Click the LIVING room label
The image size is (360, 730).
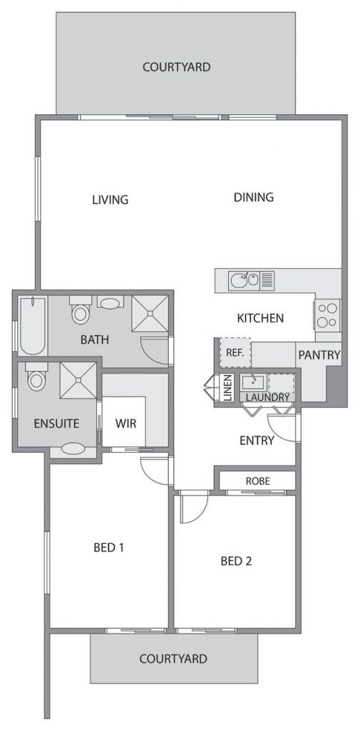[x=110, y=200]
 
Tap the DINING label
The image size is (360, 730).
[x=253, y=197]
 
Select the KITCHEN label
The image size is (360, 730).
[x=260, y=319]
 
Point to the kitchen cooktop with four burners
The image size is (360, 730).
[x=327, y=314]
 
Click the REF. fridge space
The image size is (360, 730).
[x=235, y=352]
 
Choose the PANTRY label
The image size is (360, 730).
[x=319, y=355]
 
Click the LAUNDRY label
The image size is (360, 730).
[x=267, y=397]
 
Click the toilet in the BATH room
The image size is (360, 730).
[x=80, y=309]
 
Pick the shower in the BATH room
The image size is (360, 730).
[x=150, y=314]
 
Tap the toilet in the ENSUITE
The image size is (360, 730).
[x=36, y=376]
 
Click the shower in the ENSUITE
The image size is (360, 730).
[x=78, y=381]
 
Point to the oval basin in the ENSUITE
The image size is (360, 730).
[x=73, y=449]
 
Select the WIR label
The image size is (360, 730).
[x=125, y=423]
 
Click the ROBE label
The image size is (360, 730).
[x=257, y=481]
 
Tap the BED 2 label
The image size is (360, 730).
[x=236, y=561]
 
